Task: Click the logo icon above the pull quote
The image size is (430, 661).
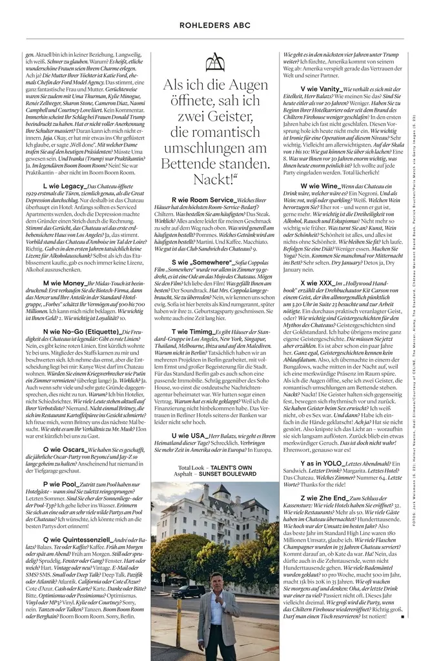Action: [214, 63]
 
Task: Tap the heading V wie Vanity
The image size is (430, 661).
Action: [321, 88]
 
